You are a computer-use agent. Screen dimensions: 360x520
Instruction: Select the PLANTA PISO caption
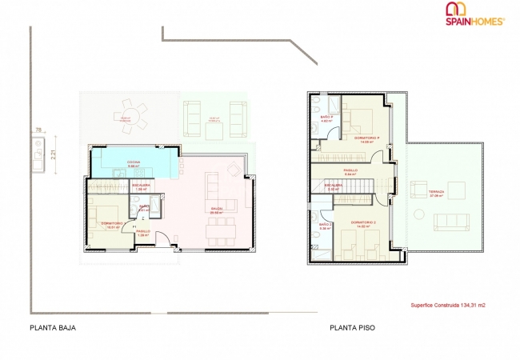(x=351, y=328)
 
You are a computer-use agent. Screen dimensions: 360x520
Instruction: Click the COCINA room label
(x=134, y=164)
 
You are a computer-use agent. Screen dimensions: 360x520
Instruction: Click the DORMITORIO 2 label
(x=363, y=223)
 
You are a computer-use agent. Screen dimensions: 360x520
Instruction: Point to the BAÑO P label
(x=326, y=118)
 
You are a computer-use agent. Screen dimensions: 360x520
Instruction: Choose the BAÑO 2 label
(x=325, y=226)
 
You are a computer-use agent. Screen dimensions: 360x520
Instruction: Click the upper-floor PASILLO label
(x=350, y=170)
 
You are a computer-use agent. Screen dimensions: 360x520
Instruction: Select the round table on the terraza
(x=458, y=190)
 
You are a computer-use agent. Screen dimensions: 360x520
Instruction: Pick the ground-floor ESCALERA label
(x=142, y=186)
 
